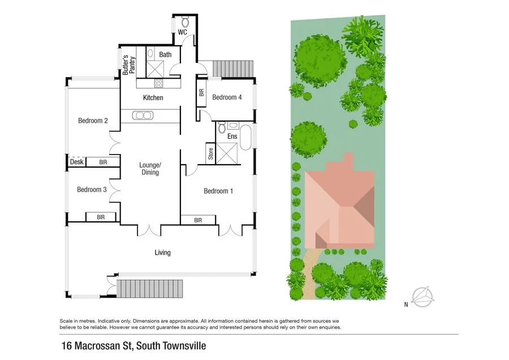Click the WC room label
(x=182, y=33)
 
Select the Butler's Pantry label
(x=129, y=65)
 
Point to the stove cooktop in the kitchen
(x=159, y=83)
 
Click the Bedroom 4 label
(x=227, y=97)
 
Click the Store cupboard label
(x=210, y=153)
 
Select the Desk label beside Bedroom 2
(x=76, y=162)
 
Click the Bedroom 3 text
(x=92, y=190)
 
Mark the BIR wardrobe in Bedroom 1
(x=198, y=220)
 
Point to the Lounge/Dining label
(x=150, y=169)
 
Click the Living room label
(x=162, y=252)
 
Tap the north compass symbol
(x=422, y=296)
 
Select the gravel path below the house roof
(x=308, y=275)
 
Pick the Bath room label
(x=165, y=54)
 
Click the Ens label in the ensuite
(x=232, y=136)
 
